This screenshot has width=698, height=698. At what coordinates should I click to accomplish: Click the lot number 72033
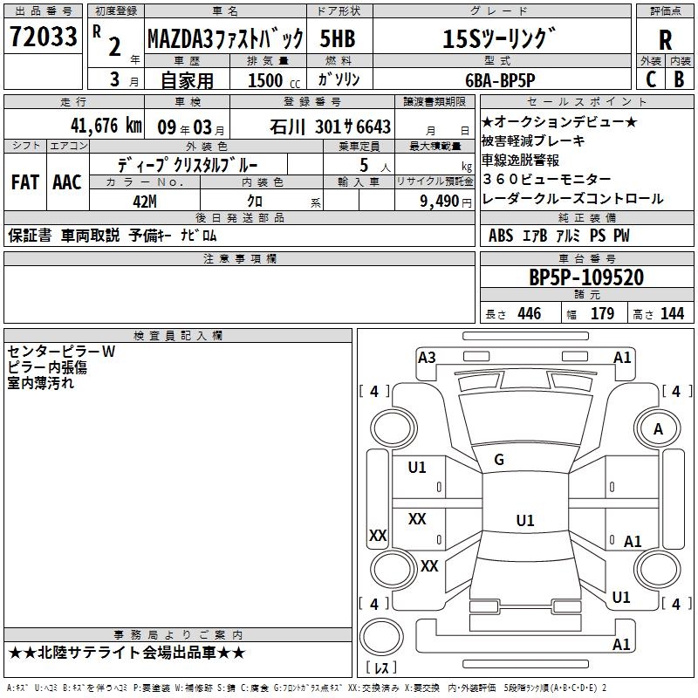pyautogui.click(x=43, y=38)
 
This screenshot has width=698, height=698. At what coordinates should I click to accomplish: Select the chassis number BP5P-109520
pyautogui.click(x=586, y=277)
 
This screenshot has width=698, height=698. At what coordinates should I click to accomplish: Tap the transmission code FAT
pyautogui.click(x=25, y=182)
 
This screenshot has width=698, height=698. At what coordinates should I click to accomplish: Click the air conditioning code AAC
pyautogui.click(x=66, y=182)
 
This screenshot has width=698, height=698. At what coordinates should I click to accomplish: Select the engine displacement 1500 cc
pyautogui.click(x=266, y=79)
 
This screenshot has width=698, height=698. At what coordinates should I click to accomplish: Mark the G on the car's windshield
pyautogui.click(x=499, y=460)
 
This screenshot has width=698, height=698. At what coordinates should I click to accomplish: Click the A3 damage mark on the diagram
pyautogui.click(x=427, y=357)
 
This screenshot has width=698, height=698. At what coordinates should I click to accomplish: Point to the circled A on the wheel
pyautogui.click(x=658, y=429)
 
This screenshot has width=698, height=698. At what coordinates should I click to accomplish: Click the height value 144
pyautogui.click(x=672, y=314)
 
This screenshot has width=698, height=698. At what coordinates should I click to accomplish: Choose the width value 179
pyautogui.click(x=602, y=314)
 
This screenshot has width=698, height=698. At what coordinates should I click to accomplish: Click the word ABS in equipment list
pyautogui.click(x=501, y=236)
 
